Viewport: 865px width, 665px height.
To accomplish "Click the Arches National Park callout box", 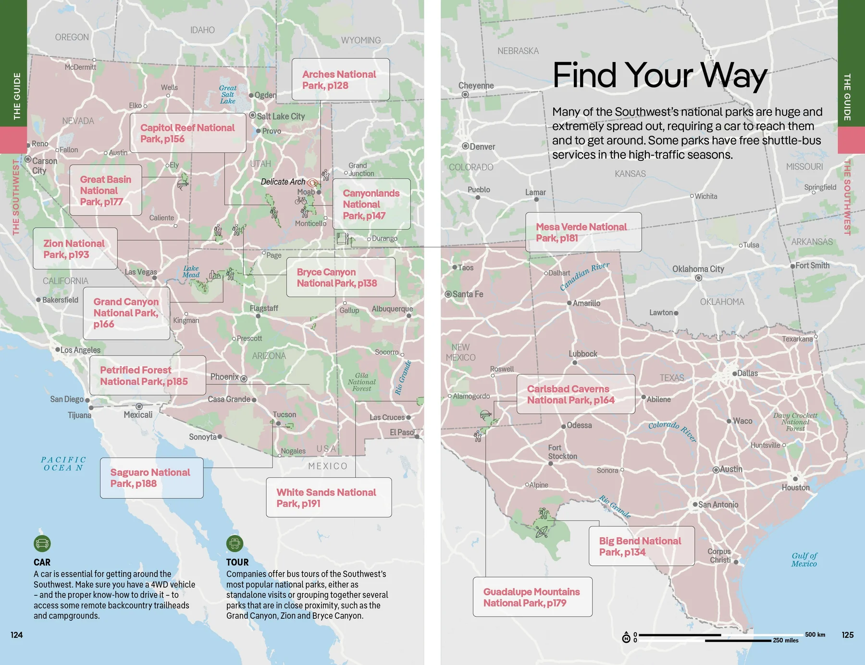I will pos(340,80).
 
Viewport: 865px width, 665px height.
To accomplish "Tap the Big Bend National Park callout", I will pos(641,546).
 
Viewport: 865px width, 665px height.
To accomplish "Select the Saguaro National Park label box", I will pos(151,478).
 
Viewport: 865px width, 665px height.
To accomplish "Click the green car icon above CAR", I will pos(42,544).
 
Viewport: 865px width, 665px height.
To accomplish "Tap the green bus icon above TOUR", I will pos(235,544).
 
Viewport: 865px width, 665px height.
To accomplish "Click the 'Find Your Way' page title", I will pos(659,75).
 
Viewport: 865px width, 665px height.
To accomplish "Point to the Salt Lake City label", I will pos(281,116).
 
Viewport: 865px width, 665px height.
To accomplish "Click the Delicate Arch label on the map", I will pos(283,181).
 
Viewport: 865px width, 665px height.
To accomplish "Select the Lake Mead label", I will pos(191,272).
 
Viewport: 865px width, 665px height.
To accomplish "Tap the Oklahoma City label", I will pos(698,269).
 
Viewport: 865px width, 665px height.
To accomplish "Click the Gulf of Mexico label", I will pos(804,560).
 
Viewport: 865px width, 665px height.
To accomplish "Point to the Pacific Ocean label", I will pos(63,464).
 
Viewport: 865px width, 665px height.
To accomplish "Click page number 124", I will pos(17,635).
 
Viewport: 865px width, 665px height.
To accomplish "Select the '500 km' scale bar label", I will pos(815,634).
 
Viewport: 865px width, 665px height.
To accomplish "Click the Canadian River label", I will pos(584,277).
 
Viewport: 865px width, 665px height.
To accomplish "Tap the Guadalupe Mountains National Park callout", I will pos(532,597).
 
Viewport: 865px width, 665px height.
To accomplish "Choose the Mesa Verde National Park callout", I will pos(583,232).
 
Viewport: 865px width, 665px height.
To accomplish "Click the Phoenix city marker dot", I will pos(244,378).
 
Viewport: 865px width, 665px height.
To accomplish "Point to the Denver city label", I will pos(482,146).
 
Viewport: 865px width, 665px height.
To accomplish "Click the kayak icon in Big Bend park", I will pos(542,532).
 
